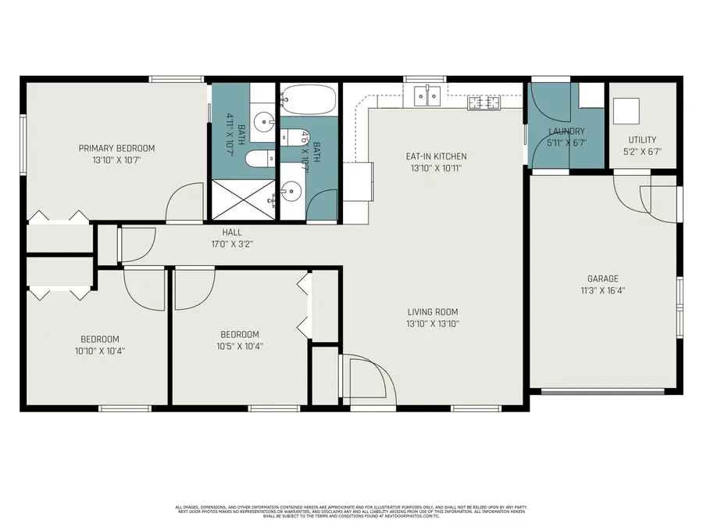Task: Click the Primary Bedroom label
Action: [116, 148]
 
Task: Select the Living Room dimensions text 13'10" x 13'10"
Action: [432, 324]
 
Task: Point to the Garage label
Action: [602, 278]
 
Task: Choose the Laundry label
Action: [566, 131]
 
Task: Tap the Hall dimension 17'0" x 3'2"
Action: [232, 243]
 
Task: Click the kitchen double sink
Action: [427, 96]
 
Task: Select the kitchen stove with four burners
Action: [484, 102]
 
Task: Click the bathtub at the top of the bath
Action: [309, 101]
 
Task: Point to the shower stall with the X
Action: [243, 199]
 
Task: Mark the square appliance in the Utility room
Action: [626, 111]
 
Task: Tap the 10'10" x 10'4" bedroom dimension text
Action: [99, 350]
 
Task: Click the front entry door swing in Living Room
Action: [367, 378]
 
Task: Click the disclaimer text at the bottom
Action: [351, 511]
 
